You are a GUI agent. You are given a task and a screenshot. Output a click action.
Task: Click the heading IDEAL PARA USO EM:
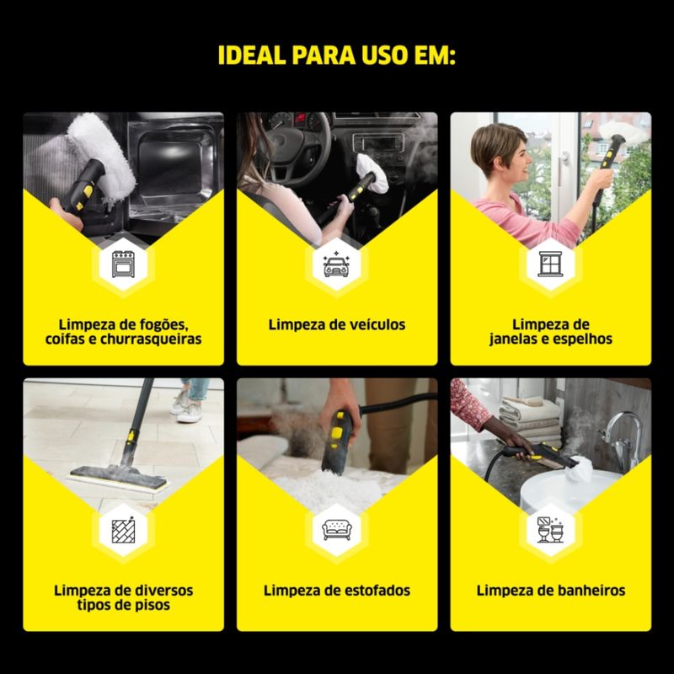point(336,55)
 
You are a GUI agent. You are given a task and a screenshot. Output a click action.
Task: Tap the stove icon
point(123,264)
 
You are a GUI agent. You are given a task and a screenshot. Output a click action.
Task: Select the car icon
point(337,264)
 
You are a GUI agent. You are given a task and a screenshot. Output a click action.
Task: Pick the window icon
point(551,264)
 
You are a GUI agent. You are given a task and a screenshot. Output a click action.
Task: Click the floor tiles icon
point(123,530)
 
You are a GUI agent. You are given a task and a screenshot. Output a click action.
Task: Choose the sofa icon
point(337,530)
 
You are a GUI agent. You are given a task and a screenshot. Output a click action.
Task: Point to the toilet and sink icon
point(551,529)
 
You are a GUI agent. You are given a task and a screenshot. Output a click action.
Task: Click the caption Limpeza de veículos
point(337,324)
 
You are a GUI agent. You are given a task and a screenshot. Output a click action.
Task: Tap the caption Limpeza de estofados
point(337,591)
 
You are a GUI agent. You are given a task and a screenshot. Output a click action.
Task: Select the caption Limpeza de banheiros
point(551,591)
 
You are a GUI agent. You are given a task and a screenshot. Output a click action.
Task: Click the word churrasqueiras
point(151,340)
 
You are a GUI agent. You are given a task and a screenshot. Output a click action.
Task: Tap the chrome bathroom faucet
point(622,438)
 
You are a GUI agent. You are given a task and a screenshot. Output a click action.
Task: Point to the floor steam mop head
point(118,478)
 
